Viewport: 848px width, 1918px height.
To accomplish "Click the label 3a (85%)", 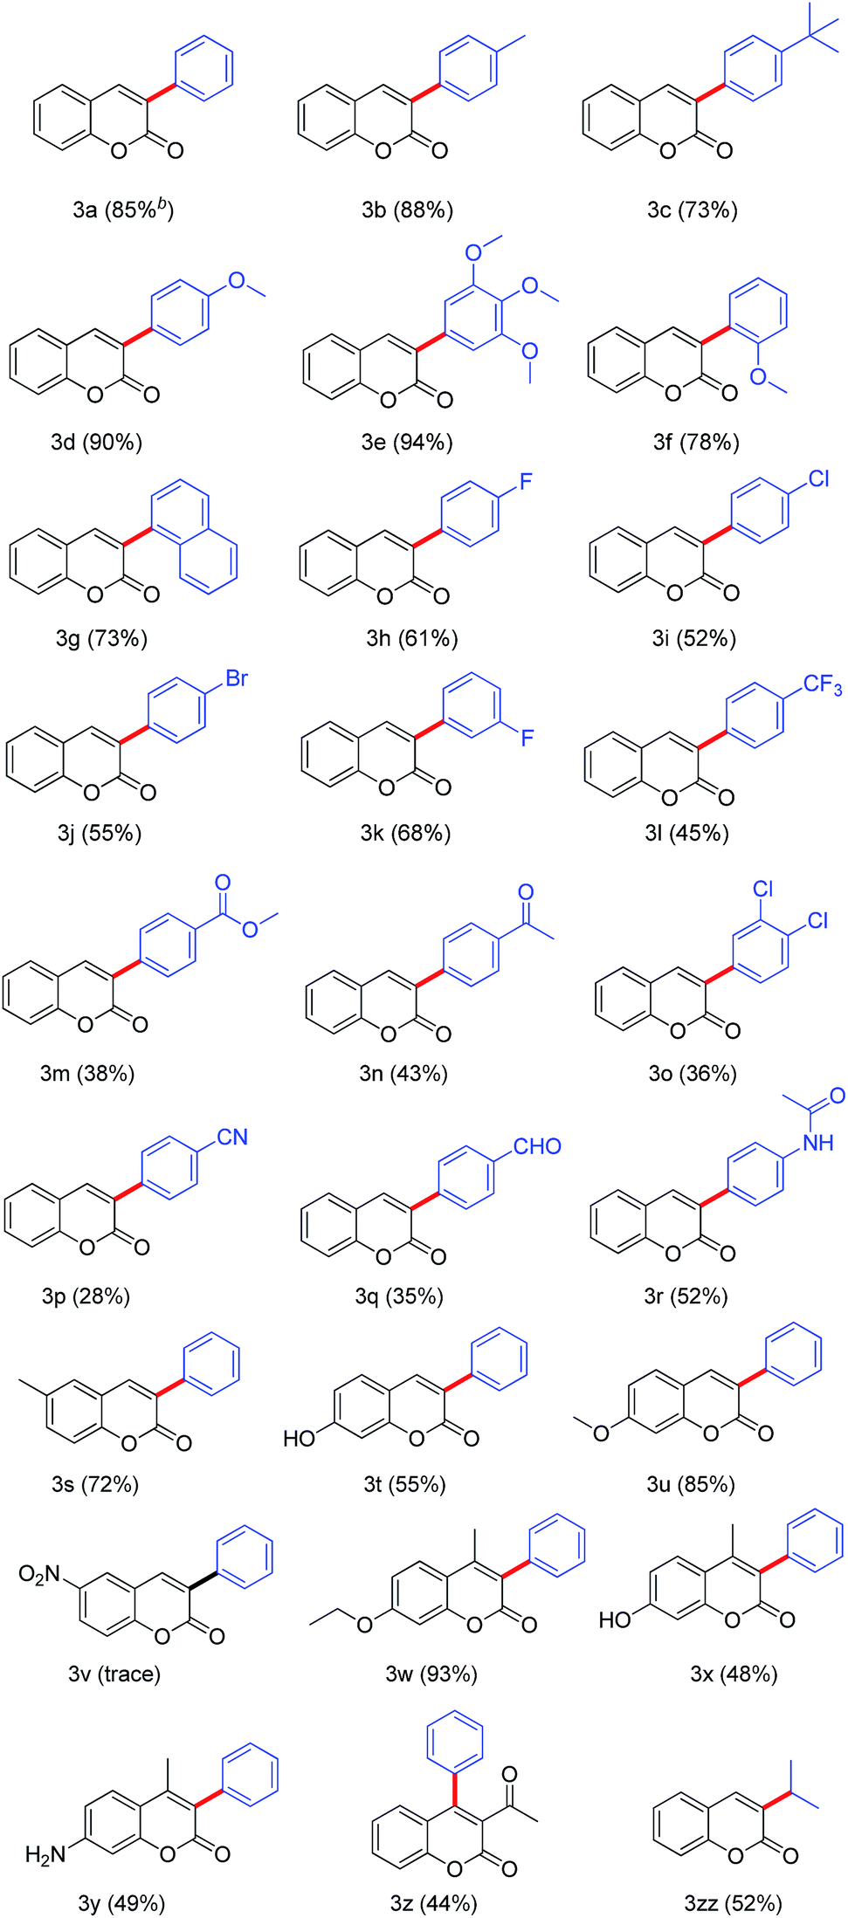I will coord(122,210).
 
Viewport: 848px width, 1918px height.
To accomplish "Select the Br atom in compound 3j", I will coord(237,678).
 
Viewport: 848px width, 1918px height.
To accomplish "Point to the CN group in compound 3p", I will coord(232,1137).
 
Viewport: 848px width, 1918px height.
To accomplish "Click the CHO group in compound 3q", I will coord(536,1146).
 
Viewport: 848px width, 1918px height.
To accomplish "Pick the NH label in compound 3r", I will coord(817,1143).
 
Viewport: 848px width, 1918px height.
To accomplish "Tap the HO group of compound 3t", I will coord(300,1438).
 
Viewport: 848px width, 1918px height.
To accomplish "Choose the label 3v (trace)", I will coord(114,1674).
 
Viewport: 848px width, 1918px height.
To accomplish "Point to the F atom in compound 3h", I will coord(526,482).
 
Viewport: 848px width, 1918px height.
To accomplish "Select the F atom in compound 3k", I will coord(527,739).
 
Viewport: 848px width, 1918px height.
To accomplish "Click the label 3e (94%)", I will coord(407,443).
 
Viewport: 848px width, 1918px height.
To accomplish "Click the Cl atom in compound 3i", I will coord(818,479).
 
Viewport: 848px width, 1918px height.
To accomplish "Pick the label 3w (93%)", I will coord(431,1674).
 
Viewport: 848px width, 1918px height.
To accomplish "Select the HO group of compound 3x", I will coord(615,1620).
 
